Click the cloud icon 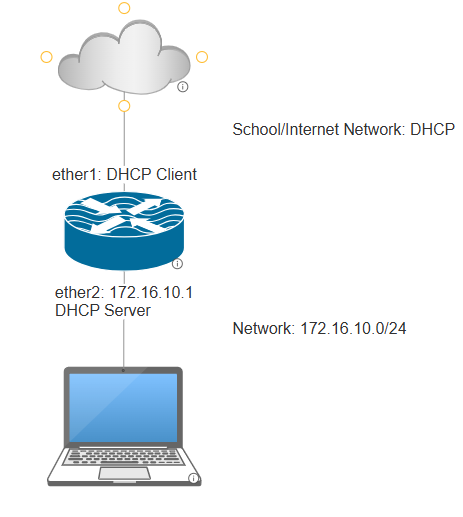coord(124,57)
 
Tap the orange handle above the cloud coord(124,8)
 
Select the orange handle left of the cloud coord(46,57)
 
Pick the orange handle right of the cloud coord(202,57)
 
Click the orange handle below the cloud coord(124,106)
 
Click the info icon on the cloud coord(183,87)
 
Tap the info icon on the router coord(177,264)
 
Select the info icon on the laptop coord(193,478)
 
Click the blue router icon coord(124,231)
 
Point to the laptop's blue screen coord(123,408)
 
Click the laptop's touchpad coord(124,473)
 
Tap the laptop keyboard coord(124,457)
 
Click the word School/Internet coord(286,129)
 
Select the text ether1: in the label coord(77,174)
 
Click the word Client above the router coord(176,174)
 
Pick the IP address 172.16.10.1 coord(151,292)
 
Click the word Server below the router coord(127,310)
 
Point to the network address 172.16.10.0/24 coord(353,328)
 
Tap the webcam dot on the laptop coord(123,370)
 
